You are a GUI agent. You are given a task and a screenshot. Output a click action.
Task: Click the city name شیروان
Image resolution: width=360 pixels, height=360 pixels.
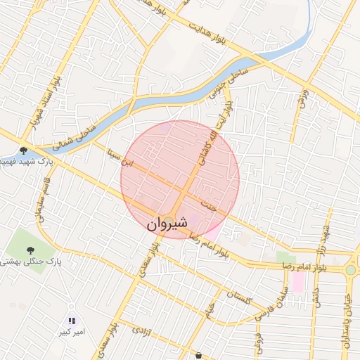coord(168,223)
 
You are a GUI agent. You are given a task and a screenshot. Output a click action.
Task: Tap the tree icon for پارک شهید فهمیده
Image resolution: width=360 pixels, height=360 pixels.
coord(23,150)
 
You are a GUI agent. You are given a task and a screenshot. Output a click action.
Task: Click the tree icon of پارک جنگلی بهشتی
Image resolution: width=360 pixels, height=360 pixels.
coord(30,250)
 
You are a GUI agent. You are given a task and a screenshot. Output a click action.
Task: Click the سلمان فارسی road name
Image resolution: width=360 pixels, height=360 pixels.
coord(269,300)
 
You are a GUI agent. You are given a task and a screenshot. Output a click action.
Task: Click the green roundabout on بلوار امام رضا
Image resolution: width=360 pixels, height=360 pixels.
coord(350,269)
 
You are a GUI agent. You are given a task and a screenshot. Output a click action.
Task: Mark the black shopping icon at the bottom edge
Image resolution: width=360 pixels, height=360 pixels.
coord(200,356)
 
